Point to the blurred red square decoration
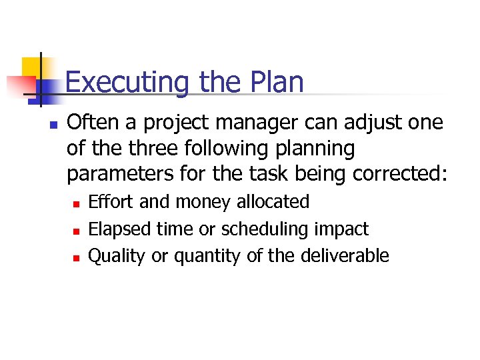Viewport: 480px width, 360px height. coord(20,85)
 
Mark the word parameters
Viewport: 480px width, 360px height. coord(122,174)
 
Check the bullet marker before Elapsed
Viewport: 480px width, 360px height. coord(78,231)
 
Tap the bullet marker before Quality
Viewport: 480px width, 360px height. coord(78,257)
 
